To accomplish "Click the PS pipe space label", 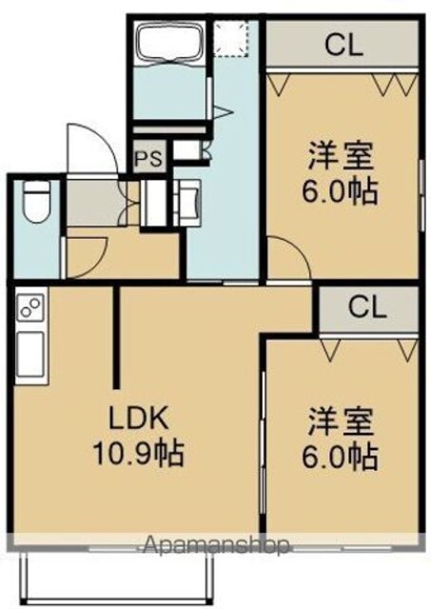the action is (x=150, y=159).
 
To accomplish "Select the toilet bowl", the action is (x=36, y=203).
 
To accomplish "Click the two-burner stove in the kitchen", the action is (x=31, y=306).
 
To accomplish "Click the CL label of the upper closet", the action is (x=343, y=46).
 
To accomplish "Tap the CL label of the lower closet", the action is (x=367, y=308).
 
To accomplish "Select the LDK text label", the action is (x=138, y=419).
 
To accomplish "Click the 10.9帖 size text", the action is (x=138, y=454).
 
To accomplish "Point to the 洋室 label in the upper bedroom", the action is (x=341, y=156).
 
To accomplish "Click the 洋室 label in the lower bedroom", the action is (x=341, y=422).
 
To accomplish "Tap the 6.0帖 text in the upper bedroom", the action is (x=340, y=192).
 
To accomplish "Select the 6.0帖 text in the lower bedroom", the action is (x=340, y=459).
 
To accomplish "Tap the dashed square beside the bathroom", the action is (x=231, y=39).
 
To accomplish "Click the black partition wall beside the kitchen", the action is (x=116, y=337).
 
